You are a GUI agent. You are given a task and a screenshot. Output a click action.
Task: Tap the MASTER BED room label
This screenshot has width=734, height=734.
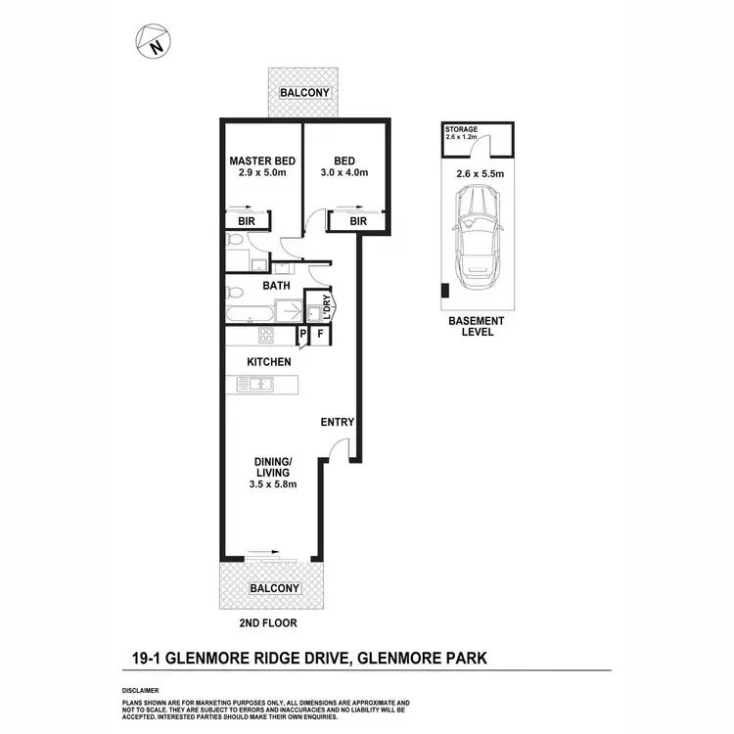point(262,161)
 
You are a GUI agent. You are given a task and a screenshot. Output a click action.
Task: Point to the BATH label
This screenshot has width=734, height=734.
point(277,286)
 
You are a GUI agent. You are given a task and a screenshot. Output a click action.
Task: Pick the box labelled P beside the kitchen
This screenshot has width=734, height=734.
point(304,336)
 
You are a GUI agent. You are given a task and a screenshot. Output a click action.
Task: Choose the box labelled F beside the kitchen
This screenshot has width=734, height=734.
point(320,336)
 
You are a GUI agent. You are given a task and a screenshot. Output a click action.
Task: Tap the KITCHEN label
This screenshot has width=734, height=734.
point(268,362)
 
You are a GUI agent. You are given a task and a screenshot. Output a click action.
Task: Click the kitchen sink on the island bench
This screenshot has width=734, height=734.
point(262,385)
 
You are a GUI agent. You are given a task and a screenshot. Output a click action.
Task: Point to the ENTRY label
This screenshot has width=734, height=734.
point(338,423)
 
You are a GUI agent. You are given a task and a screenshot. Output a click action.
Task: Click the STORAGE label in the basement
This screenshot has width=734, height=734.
point(461,129)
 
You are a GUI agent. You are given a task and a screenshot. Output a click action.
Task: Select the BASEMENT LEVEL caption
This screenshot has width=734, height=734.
point(476,326)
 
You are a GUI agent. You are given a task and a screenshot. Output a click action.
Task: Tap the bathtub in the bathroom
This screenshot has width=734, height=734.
point(251,314)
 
